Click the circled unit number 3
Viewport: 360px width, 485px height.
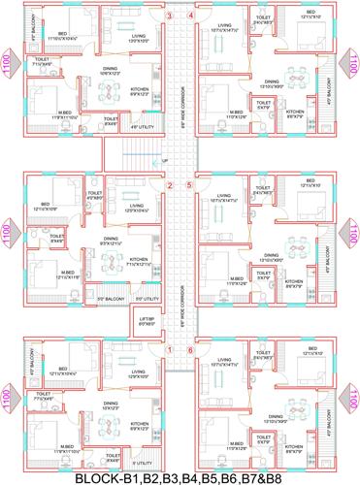click(170, 16)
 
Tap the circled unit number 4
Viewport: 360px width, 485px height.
click(191, 16)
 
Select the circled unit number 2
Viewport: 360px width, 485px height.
click(169, 185)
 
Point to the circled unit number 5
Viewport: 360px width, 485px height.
click(190, 185)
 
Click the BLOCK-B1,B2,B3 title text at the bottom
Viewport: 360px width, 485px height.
click(180, 476)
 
